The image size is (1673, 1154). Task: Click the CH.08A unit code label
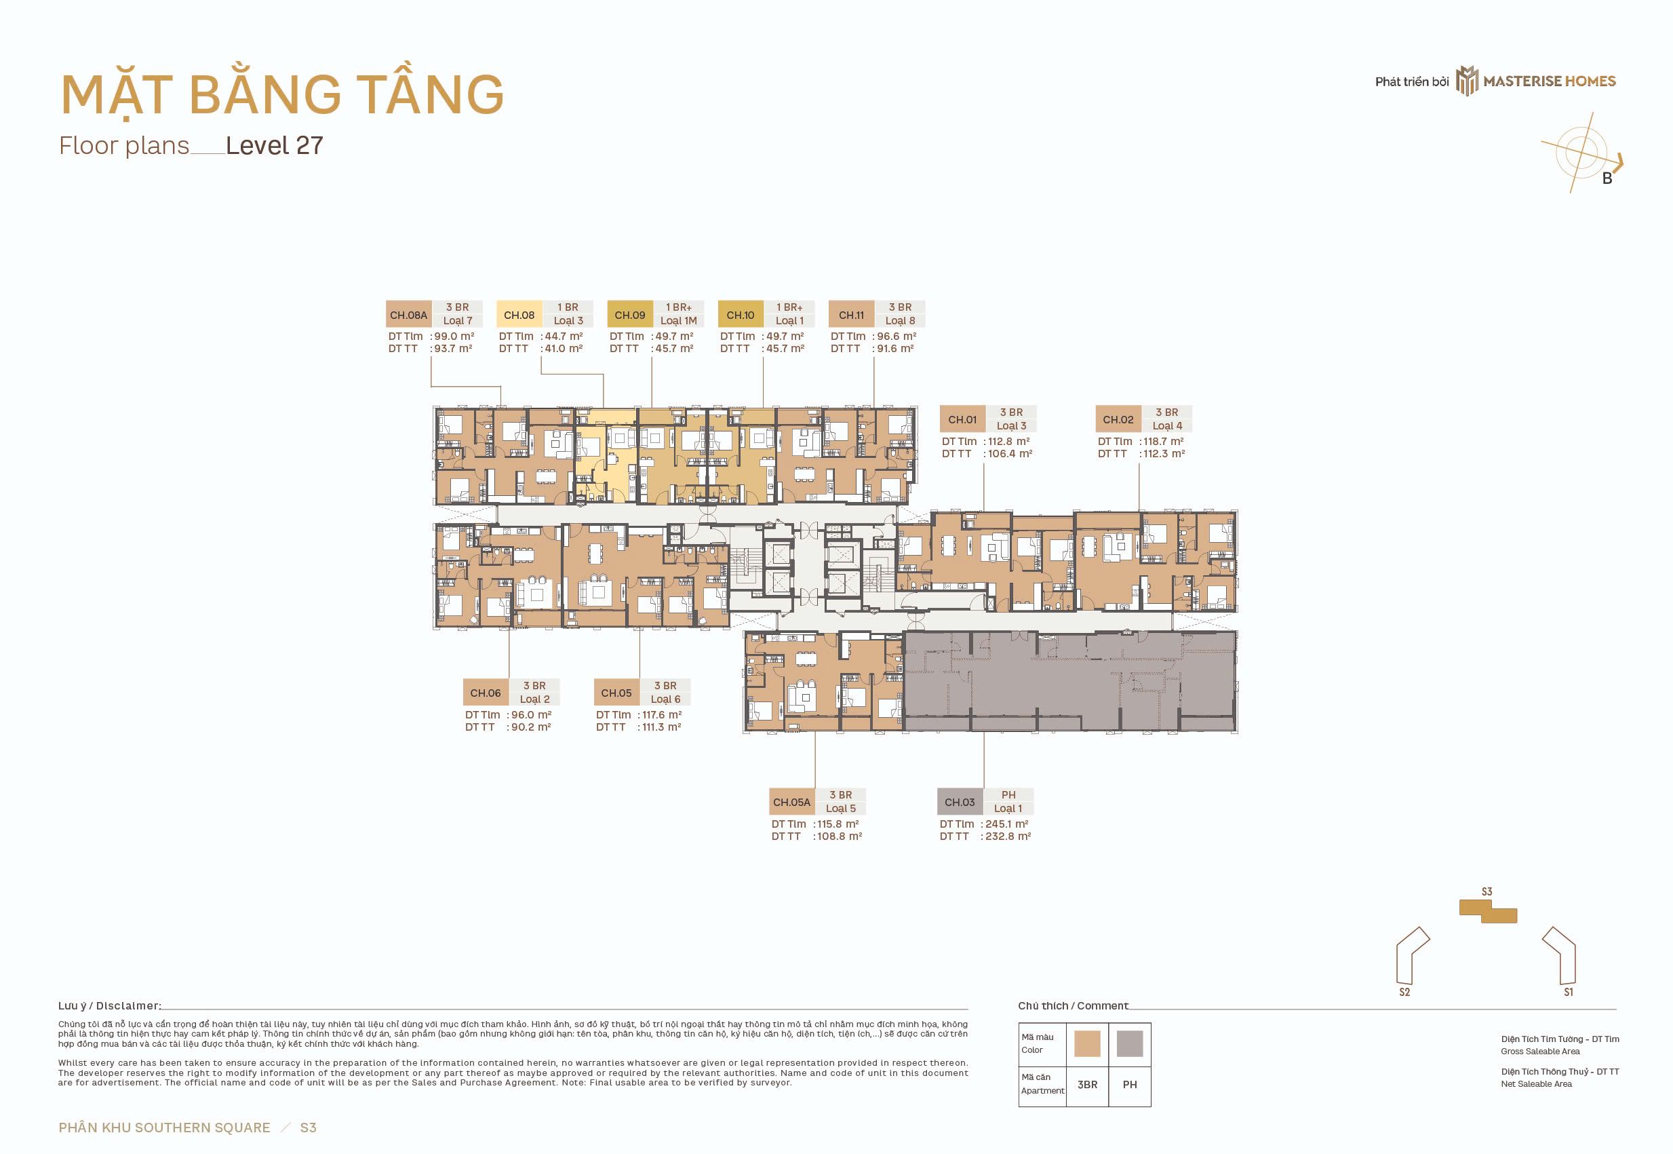click(408, 315)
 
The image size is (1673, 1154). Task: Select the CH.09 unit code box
click(629, 315)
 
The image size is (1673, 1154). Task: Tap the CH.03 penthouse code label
click(960, 802)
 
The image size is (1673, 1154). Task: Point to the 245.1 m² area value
click(1006, 824)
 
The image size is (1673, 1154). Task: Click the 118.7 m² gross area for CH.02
click(1163, 441)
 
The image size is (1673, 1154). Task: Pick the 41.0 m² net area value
click(564, 349)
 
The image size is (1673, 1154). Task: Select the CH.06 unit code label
click(486, 693)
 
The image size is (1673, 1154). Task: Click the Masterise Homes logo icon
click(1466, 80)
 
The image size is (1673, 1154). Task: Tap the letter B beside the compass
click(1607, 179)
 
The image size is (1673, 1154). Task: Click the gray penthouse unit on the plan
click(1069, 682)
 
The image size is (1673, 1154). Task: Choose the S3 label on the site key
click(1487, 891)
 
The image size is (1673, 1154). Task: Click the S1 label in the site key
click(1568, 992)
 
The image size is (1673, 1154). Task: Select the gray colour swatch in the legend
click(1130, 1043)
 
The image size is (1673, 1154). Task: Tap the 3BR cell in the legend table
click(1088, 1085)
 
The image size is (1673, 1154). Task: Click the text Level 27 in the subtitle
click(274, 145)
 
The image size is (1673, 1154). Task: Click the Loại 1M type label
click(679, 321)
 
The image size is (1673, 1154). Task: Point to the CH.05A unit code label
click(792, 802)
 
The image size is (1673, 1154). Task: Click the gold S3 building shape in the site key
click(1488, 911)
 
